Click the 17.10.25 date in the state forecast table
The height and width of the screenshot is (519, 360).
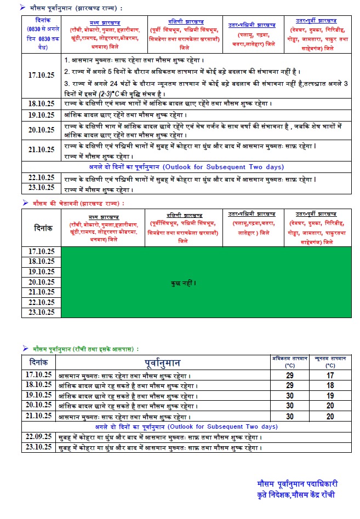(x=42, y=76)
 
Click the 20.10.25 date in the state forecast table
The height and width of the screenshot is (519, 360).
(x=42, y=130)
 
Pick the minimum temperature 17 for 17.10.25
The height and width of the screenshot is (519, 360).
(x=330, y=375)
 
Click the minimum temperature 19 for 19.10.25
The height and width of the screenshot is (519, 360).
(x=330, y=395)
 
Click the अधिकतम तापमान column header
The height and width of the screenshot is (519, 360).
(x=290, y=358)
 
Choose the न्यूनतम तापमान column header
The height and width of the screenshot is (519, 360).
(x=330, y=358)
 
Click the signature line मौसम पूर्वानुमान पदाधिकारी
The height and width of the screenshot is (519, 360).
(x=298, y=484)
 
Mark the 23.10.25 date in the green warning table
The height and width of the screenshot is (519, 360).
(x=42, y=313)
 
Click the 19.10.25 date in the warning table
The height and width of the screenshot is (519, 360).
(x=42, y=272)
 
